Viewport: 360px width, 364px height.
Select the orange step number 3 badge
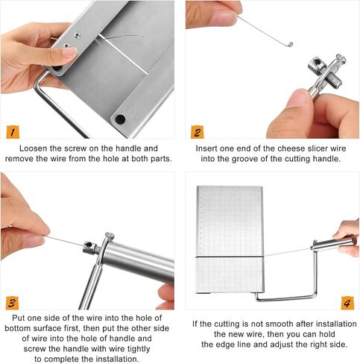(x=12, y=303)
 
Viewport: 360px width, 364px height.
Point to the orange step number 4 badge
(x=347, y=303)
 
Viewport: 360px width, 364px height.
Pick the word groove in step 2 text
(x=242, y=160)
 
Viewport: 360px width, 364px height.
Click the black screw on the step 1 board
(x=119, y=119)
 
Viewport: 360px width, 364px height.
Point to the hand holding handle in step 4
(x=347, y=237)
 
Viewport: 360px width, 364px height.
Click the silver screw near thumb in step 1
(x=78, y=34)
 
